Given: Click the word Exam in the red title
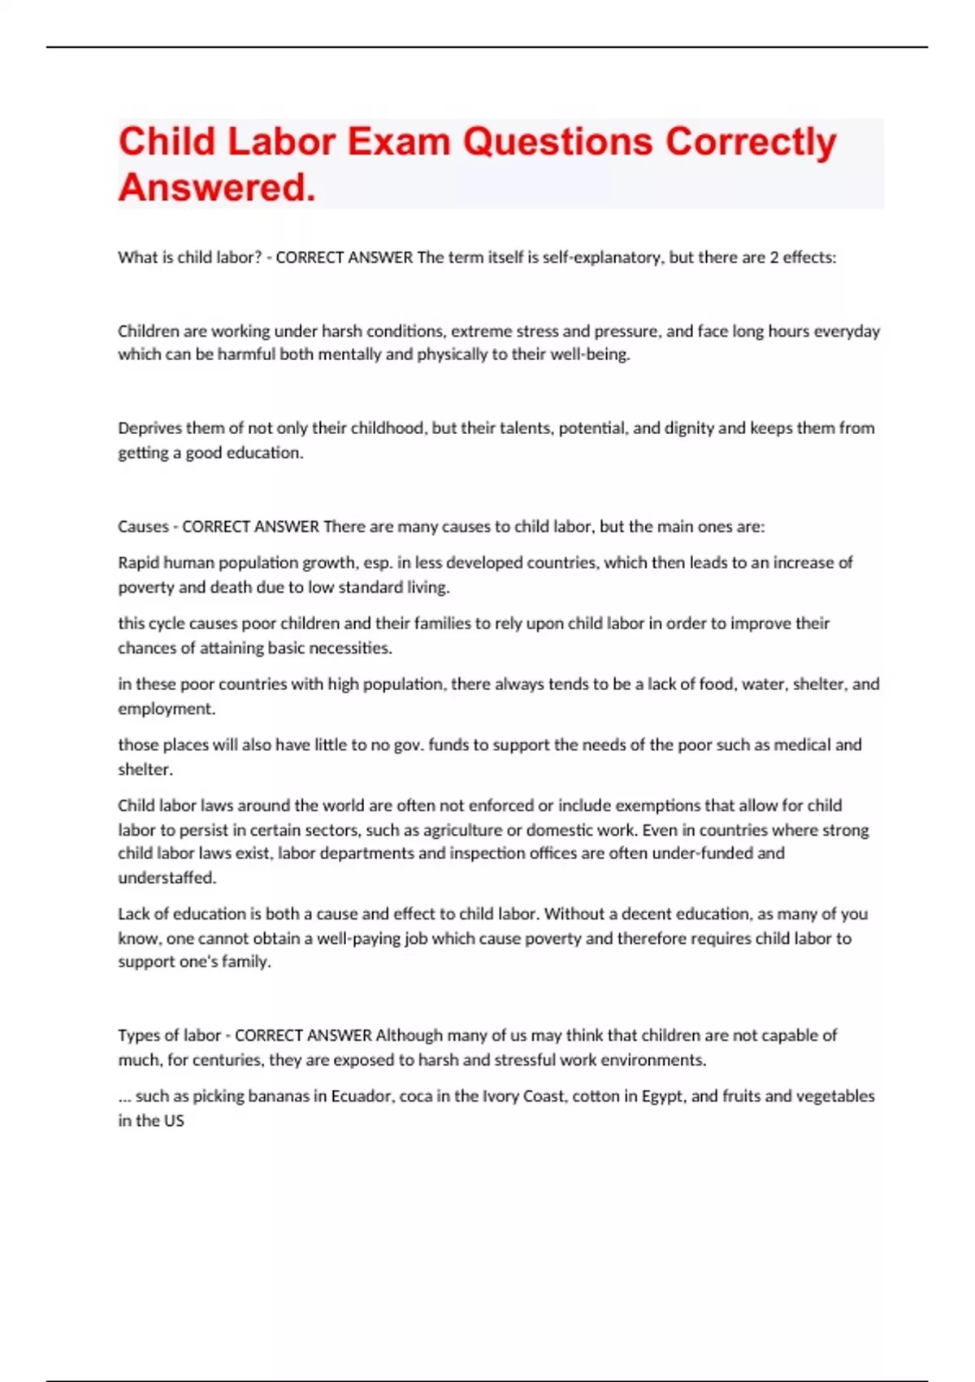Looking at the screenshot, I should coord(398,141).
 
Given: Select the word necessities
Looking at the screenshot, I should coord(353,648).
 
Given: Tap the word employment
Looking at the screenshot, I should coord(167,709).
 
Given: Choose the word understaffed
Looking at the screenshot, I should coord(167,878).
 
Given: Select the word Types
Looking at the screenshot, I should coord(137,1036).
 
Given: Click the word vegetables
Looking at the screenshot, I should coord(834,1096).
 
